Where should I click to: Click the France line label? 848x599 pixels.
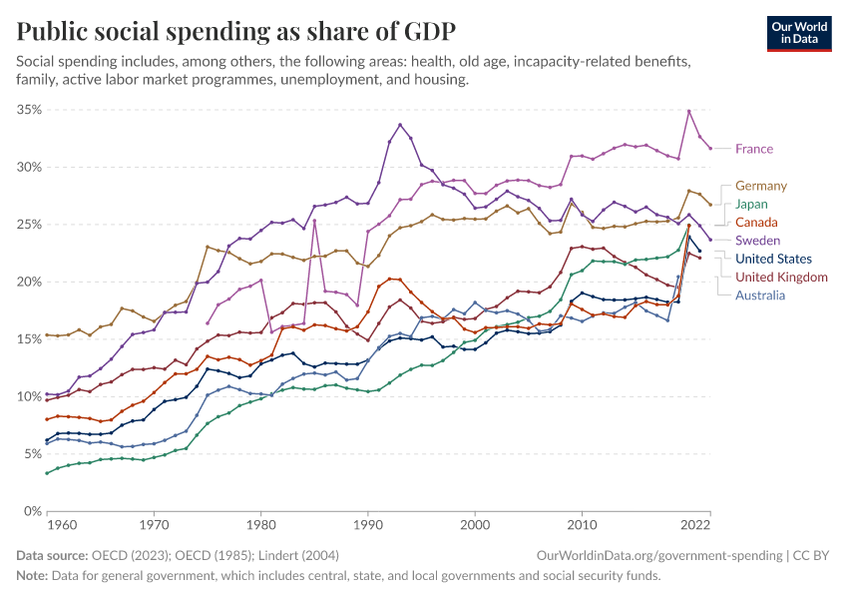[x=753, y=149]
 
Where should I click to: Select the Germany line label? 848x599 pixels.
[x=761, y=186]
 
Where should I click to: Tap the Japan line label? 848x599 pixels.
[x=752, y=204]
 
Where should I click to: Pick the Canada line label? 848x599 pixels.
[x=756, y=222]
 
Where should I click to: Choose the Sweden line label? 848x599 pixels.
[x=757, y=241]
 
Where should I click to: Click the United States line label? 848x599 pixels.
[x=774, y=259]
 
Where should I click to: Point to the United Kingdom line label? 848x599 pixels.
[x=781, y=277]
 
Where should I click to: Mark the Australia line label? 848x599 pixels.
[x=760, y=295]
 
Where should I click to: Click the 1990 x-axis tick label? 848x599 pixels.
[x=368, y=523]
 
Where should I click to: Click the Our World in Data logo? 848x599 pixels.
[x=798, y=33]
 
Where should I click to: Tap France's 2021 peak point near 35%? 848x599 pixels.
[x=689, y=111]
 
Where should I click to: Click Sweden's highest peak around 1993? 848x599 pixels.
[x=400, y=125]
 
